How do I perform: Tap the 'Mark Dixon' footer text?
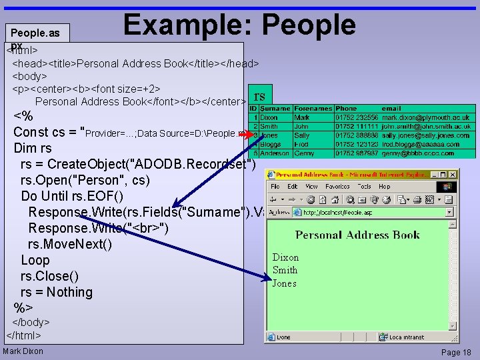point(23,351)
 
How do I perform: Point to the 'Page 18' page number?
point(456,353)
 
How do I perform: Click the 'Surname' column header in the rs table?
point(275,109)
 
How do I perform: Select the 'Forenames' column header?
point(313,109)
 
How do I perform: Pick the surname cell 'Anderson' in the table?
point(275,153)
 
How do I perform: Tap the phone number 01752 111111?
point(356,126)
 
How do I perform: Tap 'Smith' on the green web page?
point(285,270)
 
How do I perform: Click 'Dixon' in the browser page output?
point(285,257)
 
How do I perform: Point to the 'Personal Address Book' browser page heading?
point(357,235)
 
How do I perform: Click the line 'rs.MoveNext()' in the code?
point(69,244)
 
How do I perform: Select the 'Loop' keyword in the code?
point(35,260)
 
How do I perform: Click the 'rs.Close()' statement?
point(49,276)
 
